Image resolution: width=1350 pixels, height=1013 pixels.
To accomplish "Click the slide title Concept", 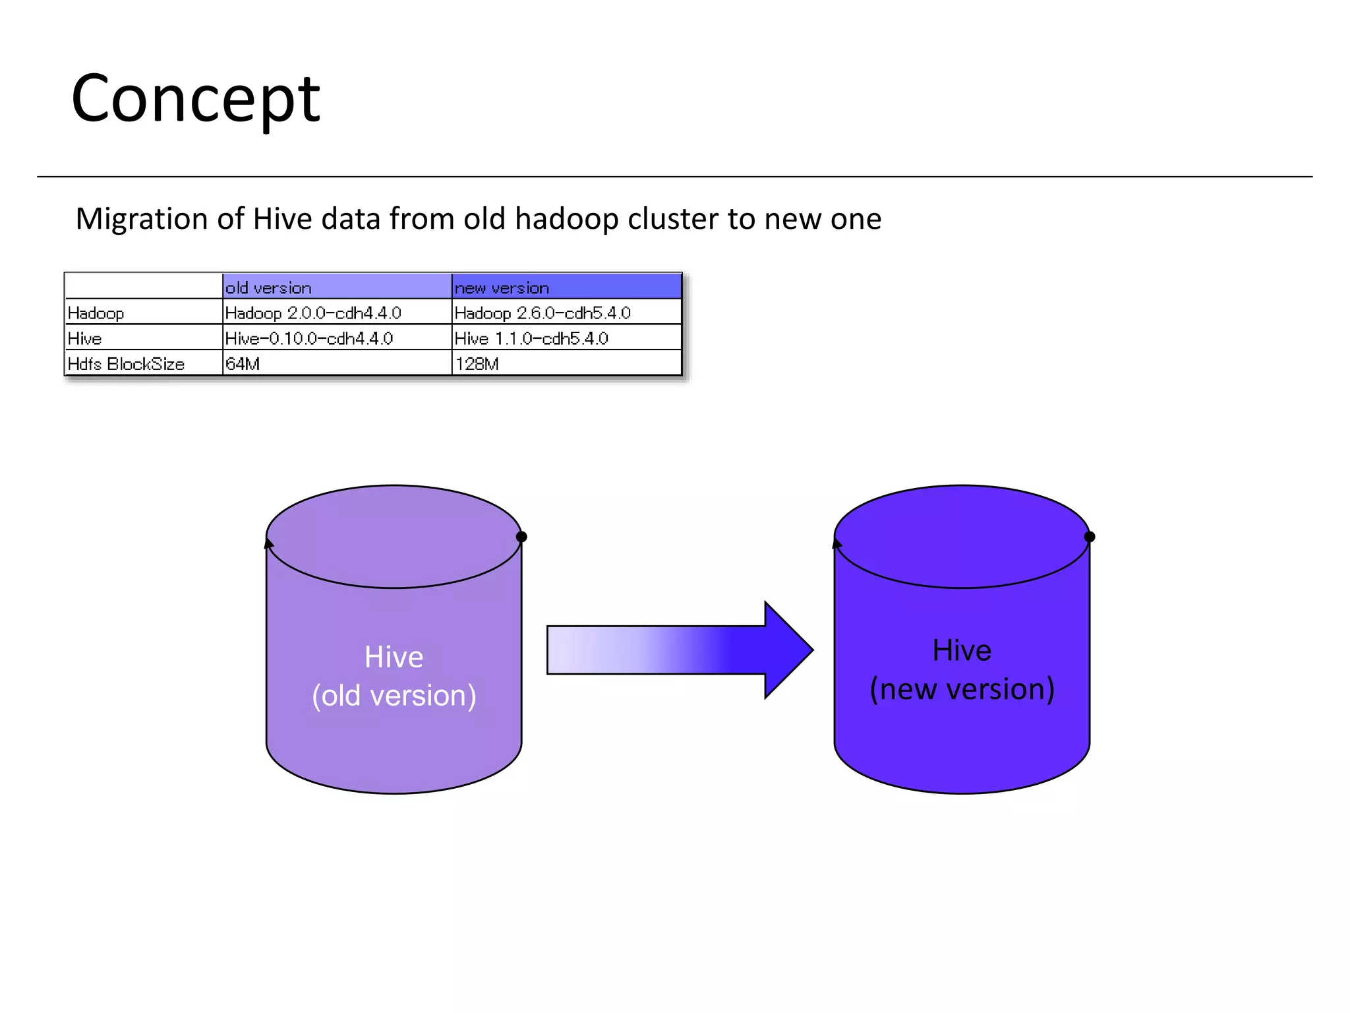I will (x=195, y=100).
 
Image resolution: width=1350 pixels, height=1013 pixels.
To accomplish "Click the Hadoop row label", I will (x=96, y=313).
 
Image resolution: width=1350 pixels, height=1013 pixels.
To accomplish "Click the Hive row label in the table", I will (x=85, y=338).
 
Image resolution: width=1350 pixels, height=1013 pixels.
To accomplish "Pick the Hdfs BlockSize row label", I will (x=126, y=364).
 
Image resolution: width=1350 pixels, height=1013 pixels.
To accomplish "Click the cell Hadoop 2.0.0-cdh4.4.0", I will (x=313, y=313).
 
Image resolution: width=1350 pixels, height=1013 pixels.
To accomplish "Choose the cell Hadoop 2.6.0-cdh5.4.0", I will (x=543, y=313).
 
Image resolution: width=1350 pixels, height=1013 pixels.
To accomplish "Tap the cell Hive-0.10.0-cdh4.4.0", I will (x=309, y=338).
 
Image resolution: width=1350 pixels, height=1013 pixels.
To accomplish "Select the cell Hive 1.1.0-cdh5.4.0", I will (x=531, y=338).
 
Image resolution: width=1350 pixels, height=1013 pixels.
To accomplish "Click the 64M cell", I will (x=243, y=364).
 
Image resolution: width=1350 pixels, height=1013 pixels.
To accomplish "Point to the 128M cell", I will (x=477, y=364).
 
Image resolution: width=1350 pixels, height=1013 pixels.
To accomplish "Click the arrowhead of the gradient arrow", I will (x=788, y=650).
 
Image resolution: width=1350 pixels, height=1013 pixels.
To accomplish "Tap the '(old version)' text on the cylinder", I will (x=394, y=696).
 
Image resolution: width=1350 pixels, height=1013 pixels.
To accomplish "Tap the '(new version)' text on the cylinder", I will (x=962, y=689).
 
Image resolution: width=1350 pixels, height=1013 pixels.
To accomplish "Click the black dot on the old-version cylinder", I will (x=521, y=537).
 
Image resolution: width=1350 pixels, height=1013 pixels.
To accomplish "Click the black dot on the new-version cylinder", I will (x=1090, y=537).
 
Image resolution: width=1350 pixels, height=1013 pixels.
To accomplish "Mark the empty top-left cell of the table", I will (x=144, y=286).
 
